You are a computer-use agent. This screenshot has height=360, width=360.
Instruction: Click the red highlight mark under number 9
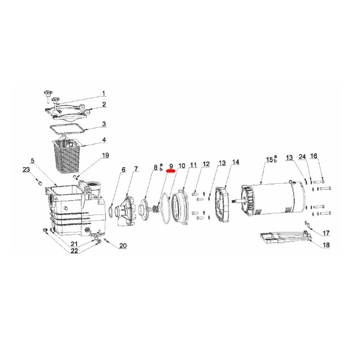pyautogui.click(x=170, y=170)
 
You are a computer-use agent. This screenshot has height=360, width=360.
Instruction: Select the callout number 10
pyautogui.click(x=182, y=165)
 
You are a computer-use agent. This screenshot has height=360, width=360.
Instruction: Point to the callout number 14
pyautogui.click(x=235, y=162)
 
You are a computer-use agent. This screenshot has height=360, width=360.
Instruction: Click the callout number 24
pyautogui.click(x=303, y=156)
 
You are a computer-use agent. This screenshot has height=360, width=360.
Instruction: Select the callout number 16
pyautogui.click(x=314, y=156)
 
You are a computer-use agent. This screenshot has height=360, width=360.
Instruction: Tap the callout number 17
pyautogui.click(x=326, y=233)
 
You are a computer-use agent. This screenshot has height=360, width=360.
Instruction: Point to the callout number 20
pyautogui.click(x=123, y=245)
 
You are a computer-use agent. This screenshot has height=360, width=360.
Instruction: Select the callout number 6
pyautogui.click(x=123, y=170)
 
